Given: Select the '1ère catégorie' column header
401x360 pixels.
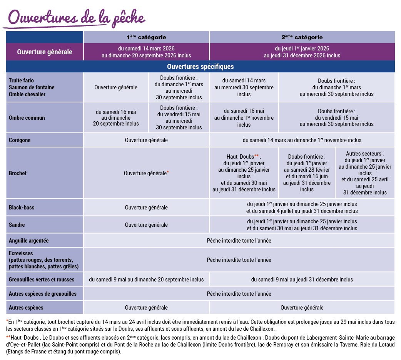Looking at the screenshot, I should [x=146, y=37].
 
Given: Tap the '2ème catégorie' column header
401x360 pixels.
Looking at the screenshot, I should [x=302, y=37].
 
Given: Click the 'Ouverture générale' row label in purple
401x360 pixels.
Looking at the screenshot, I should [x=45, y=52].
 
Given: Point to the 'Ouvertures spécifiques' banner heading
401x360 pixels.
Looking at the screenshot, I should [x=200, y=67].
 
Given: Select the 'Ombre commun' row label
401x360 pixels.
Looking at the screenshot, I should [x=27, y=118].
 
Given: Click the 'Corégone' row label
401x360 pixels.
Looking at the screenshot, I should [x=20, y=140].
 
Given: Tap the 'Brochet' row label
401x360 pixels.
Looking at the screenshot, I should [x=18, y=173].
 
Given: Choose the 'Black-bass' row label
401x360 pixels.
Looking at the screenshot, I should [x=22, y=208].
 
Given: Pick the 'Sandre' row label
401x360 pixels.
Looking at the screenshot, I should [x=17, y=225].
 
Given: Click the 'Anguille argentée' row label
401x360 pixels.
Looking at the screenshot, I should [x=29, y=241].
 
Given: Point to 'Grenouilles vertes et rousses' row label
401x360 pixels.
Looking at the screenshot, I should [x=42, y=280].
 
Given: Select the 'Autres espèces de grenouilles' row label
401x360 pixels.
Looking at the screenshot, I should [x=43, y=294].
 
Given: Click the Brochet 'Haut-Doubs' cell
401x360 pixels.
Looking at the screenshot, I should [x=244, y=173].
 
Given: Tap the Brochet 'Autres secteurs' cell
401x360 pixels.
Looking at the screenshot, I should [x=365, y=173].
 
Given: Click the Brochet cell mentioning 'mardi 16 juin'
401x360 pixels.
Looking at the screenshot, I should [x=307, y=173].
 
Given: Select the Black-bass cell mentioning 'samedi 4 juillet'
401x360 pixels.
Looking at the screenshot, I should [x=302, y=208].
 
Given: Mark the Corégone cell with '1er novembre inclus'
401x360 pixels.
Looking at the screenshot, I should [x=302, y=140].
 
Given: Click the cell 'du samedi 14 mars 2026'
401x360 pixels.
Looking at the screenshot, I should [x=146, y=52].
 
